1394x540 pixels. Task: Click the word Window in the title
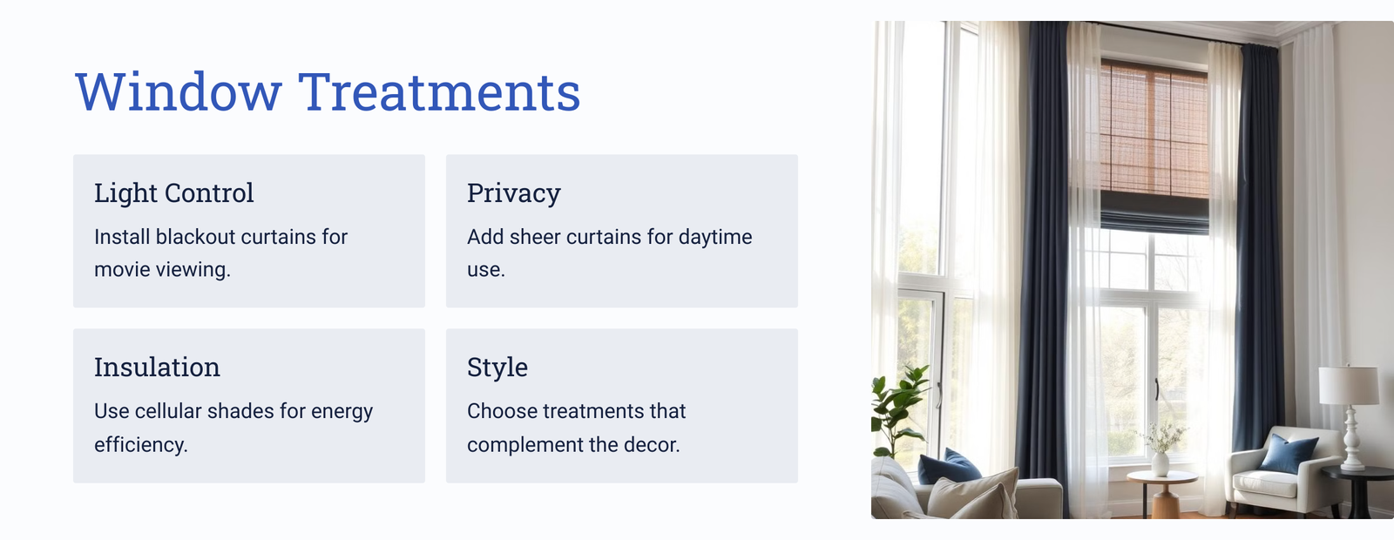coord(179,92)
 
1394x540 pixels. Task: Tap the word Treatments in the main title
coord(439,92)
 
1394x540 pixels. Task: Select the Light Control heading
coord(173,192)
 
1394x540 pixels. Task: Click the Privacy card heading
coord(513,193)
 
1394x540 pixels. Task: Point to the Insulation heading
coord(157,367)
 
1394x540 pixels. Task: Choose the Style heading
coord(497,368)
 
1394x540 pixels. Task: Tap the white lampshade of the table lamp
coord(1349,386)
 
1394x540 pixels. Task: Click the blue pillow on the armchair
coord(1289,453)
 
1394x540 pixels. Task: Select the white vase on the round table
coord(1160,463)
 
